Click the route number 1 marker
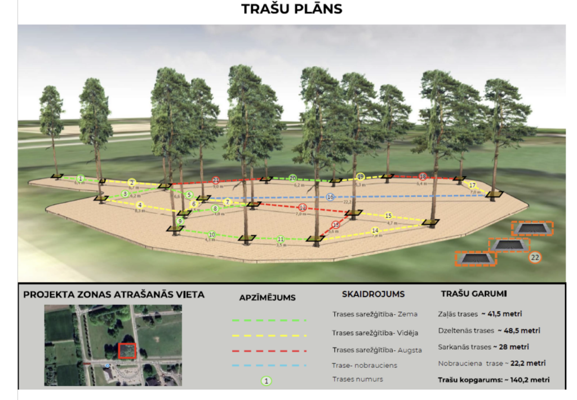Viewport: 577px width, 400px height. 81,178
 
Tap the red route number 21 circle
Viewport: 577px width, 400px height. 216,180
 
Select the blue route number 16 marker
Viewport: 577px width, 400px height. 331,197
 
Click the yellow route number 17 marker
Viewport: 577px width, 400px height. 472,185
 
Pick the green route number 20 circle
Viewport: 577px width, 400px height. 292,178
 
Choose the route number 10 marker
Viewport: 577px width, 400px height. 212,234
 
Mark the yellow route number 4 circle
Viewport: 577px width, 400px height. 140,205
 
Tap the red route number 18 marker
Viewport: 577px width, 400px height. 423,177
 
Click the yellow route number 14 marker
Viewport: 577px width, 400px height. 375,230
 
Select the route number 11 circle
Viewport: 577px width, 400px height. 281,239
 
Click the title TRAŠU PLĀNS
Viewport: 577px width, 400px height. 291,9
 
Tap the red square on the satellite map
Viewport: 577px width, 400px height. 127,350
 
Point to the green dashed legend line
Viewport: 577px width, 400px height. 269,320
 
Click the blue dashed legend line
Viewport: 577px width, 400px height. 269,365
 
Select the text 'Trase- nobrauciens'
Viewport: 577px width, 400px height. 365,365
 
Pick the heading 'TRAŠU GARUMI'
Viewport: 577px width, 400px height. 473,294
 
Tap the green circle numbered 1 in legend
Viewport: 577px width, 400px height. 267,380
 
